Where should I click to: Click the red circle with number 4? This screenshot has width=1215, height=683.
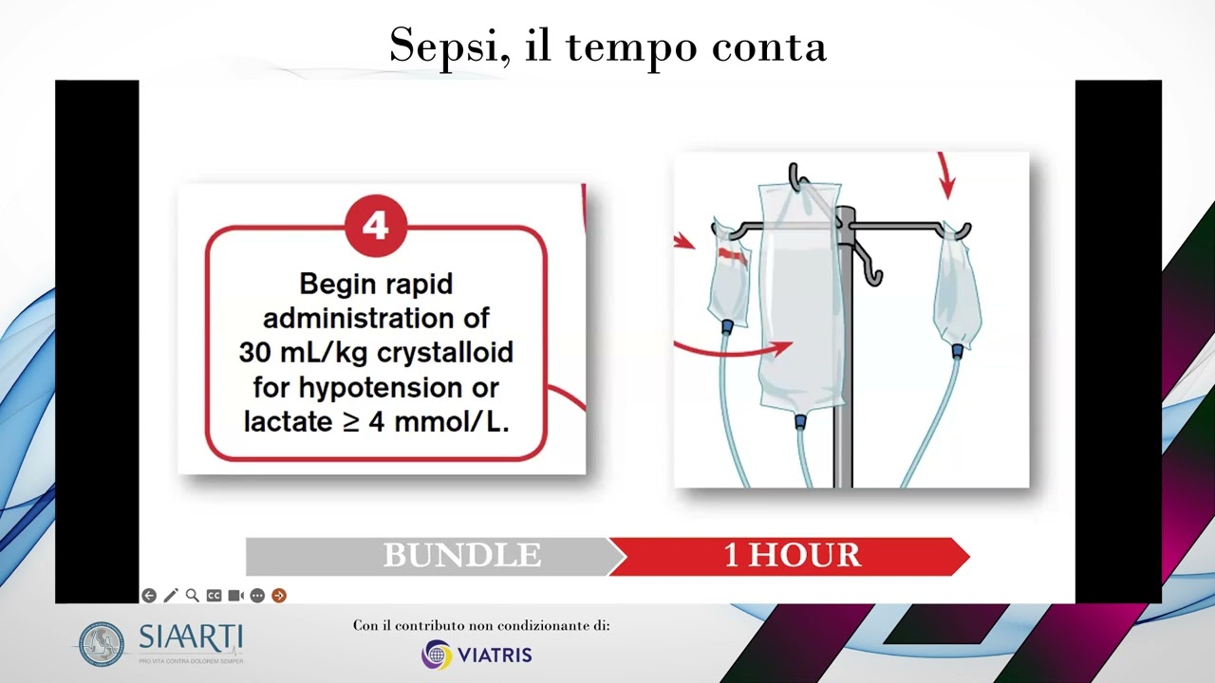click(x=376, y=226)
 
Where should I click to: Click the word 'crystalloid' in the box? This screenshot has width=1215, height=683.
click(x=445, y=352)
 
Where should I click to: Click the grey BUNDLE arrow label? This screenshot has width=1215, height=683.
click(x=461, y=556)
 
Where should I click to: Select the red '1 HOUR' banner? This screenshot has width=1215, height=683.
click(x=792, y=556)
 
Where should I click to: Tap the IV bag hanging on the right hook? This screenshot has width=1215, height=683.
click(x=957, y=289)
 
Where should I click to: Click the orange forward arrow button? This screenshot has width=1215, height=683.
click(x=279, y=596)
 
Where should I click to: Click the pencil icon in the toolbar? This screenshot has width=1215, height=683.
click(x=171, y=596)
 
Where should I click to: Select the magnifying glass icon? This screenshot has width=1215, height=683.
click(x=193, y=596)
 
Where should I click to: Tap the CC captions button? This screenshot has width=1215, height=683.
click(x=214, y=596)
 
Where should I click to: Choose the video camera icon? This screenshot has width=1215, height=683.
click(x=235, y=596)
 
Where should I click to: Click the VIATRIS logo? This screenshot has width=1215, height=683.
click(x=477, y=655)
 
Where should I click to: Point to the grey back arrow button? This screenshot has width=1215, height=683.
click(x=149, y=596)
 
